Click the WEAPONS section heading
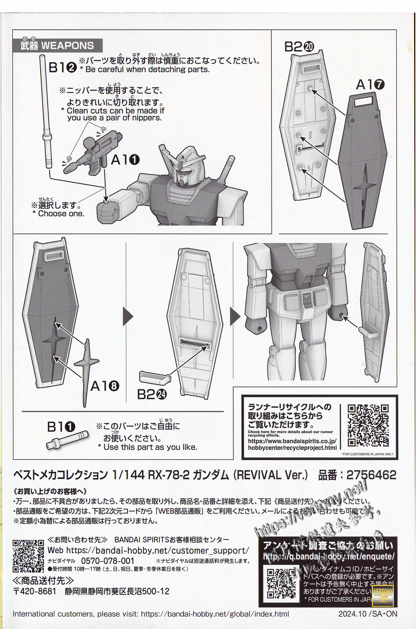pyautogui.click(x=57, y=46)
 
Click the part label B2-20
pyautogui.click(x=299, y=47)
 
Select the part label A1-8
pyautogui.click(x=104, y=386)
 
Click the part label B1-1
pyautogui.click(x=61, y=427)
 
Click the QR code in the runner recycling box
pyautogui.click(x=368, y=425)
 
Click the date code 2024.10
pyautogui.click(x=350, y=614)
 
